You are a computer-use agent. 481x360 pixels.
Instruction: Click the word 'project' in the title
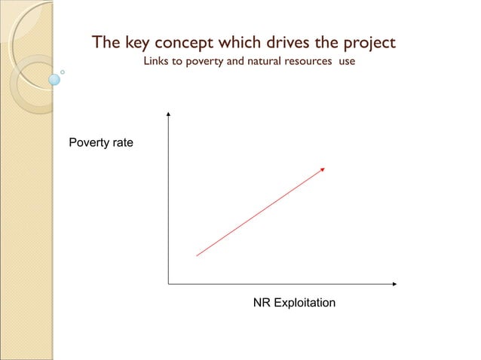coord(367,43)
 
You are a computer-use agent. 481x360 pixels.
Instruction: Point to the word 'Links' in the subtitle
coord(157,61)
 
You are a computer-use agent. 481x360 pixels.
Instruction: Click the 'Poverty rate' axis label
coord(101,142)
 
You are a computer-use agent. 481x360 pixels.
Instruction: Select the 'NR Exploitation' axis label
coord(294,303)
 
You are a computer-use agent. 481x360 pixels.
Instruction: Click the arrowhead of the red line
coord(323,169)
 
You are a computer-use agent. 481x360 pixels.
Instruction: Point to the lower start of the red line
coord(197,256)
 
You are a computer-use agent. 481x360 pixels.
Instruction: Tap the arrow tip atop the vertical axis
coord(168,114)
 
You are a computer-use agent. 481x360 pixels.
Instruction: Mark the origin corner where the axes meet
coord(168,284)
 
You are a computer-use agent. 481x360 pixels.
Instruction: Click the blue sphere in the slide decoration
coord(54,79)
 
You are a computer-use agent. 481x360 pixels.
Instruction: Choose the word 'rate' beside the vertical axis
coord(123,142)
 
